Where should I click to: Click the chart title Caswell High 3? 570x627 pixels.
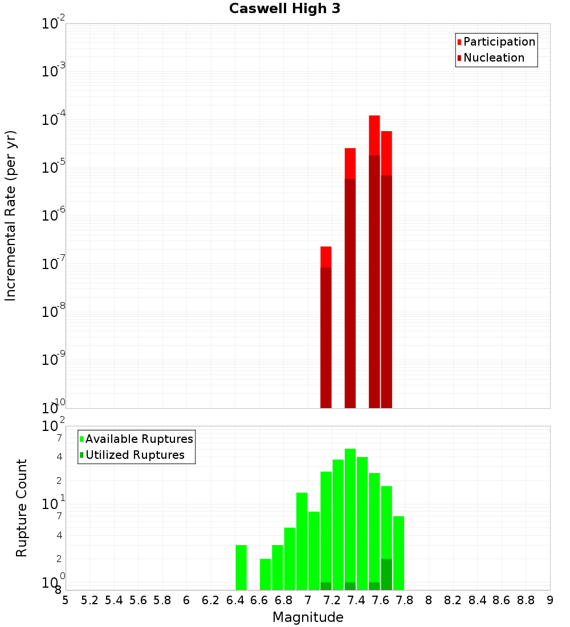[284, 9]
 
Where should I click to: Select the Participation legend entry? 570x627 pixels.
[499, 42]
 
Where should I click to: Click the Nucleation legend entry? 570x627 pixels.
[494, 58]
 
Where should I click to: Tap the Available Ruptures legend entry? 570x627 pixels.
[139, 439]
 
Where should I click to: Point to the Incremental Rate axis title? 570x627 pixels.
[10, 215]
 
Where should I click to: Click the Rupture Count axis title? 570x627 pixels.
[22, 508]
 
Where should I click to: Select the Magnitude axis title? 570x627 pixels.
[308, 617]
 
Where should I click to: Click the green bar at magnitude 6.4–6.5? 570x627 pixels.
[241, 567]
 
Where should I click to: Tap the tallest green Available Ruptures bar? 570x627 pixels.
[350, 519]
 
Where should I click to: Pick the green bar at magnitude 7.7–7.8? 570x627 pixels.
[398, 553]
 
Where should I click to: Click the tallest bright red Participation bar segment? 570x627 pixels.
[374, 135]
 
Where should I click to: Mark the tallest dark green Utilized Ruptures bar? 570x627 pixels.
[386, 575]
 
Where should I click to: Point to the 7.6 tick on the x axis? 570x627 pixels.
[380, 600]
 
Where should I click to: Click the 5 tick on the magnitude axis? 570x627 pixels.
[66, 600]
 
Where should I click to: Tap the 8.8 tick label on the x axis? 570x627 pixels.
[526, 600]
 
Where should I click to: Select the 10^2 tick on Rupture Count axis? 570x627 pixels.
[54, 426]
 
